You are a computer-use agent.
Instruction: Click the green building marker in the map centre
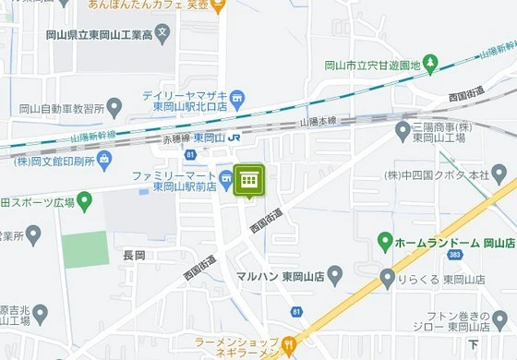point(248,181)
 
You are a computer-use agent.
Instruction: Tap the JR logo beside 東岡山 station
point(234,138)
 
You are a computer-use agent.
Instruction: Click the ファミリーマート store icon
point(225,178)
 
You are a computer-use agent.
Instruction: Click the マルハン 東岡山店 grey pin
point(335,275)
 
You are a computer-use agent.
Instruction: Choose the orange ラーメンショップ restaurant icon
point(288,346)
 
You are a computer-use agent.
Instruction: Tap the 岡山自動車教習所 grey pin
point(114,108)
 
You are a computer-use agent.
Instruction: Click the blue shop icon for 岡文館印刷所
point(103,161)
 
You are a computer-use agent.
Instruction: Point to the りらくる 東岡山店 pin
point(388,278)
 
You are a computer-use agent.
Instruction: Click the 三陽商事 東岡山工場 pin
point(403,132)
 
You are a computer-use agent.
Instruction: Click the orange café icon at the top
point(218,6)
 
